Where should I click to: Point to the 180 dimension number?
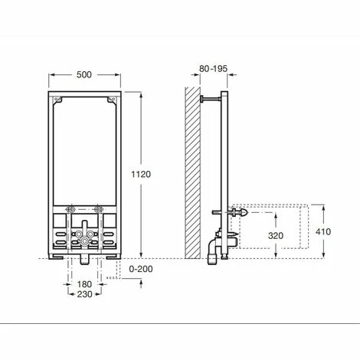click(83, 284)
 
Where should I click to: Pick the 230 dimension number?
click(83, 295)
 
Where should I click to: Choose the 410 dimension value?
click(325, 231)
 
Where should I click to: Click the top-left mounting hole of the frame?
click(58, 99)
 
